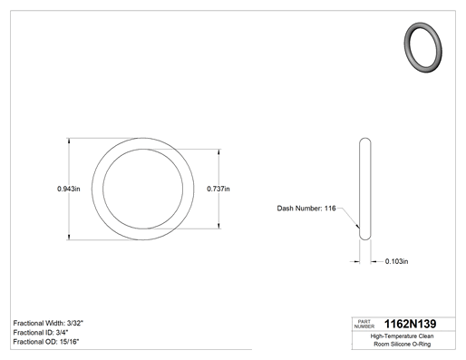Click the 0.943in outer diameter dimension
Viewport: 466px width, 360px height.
[69, 189]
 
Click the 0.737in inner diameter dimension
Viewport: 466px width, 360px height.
[218, 189]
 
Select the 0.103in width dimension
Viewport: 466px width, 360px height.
[396, 261]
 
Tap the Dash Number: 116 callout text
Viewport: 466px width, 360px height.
[306, 209]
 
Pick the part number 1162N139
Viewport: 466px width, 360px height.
[410, 324]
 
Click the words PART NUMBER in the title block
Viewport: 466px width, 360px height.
[364, 324]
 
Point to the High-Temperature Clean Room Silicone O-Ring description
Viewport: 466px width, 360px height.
[402, 340]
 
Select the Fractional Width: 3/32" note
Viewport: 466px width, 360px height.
[48, 323]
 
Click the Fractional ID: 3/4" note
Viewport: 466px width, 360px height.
[41, 333]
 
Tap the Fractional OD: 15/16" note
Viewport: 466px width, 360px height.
[46, 342]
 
